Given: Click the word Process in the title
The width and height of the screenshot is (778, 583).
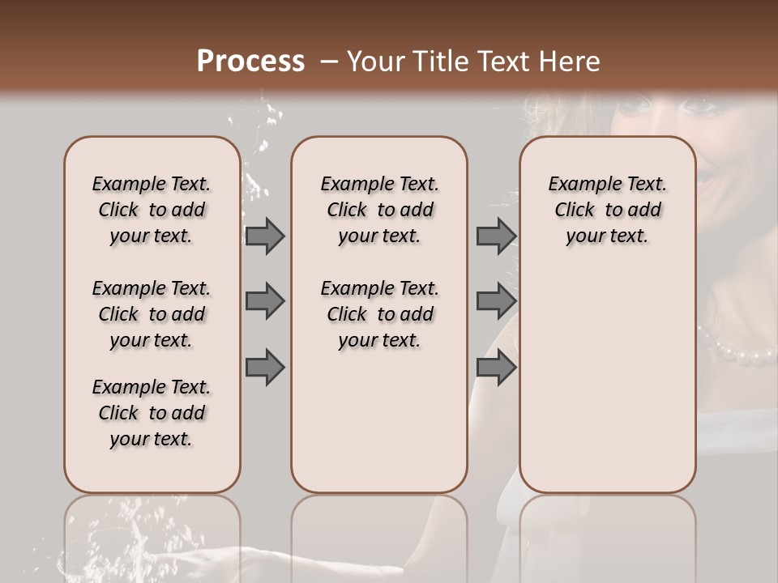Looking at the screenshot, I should tap(250, 62).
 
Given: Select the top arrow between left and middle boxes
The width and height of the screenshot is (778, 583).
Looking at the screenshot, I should tap(265, 236).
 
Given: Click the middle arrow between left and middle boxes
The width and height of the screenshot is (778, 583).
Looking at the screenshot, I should tap(265, 301).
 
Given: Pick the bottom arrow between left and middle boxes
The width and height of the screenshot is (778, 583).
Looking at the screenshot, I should tap(265, 367).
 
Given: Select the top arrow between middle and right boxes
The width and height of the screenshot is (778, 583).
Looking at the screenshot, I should tap(496, 236).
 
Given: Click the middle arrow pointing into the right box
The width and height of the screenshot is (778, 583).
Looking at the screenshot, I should tap(496, 301).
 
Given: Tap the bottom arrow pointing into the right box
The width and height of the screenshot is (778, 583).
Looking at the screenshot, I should tap(496, 367).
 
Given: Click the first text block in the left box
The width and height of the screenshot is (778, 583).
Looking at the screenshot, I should tap(152, 210).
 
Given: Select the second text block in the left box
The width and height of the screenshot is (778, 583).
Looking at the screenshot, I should tap(152, 314).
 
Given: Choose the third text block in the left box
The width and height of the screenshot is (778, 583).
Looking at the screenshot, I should tap(152, 413).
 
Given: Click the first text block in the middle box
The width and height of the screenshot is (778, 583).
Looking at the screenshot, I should tap(379, 210).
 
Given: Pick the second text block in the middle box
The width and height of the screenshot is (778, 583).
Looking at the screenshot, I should tap(379, 314).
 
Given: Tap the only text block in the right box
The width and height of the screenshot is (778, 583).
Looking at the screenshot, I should tap(607, 210).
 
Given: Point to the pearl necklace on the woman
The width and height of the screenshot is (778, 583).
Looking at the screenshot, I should tap(737, 349).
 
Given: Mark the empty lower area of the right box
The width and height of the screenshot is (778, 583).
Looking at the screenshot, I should tap(607, 389).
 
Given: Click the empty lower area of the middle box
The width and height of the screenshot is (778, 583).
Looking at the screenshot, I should tap(379, 421).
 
